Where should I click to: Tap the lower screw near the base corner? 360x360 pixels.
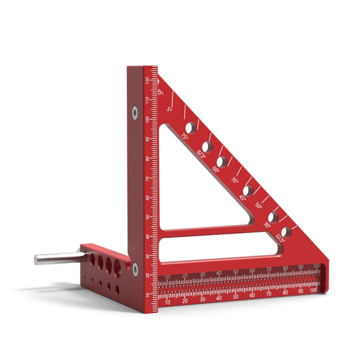click(135, 269)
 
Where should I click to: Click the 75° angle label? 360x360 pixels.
click(184, 136)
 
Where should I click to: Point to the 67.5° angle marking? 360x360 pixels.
click(201, 154)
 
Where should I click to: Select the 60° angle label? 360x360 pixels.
click(216, 168)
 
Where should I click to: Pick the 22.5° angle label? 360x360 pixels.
click(281, 238)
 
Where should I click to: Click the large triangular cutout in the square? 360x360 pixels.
click(194, 187)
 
